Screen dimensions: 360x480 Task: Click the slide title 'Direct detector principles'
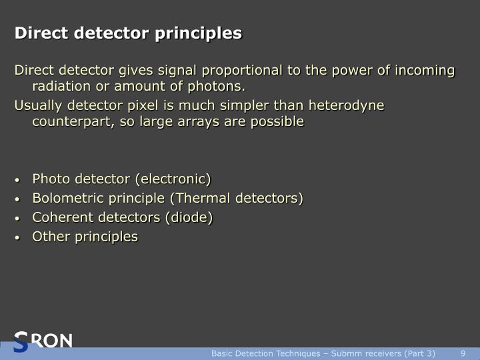(129, 33)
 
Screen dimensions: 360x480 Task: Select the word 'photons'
(219, 87)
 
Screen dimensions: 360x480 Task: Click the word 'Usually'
(38, 105)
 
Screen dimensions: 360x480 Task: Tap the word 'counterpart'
(71, 121)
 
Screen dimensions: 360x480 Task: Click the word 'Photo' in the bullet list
(51, 179)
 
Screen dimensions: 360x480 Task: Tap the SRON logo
(43, 341)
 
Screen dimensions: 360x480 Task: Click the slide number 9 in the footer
(463, 353)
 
